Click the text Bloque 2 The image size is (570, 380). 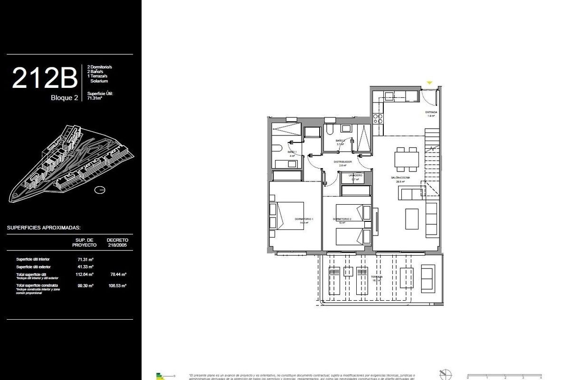(x=64, y=98)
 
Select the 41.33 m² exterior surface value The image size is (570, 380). (x=85, y=266)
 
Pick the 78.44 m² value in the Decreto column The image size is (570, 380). (x=118, y=275)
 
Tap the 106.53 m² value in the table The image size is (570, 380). (x=118, y=285)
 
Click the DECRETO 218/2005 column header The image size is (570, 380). (x=118, y=242)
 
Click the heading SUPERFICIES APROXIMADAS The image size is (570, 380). (x=44, y=228)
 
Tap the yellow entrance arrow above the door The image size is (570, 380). (x=429, y=83)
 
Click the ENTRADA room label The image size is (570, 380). (x=431, y=113)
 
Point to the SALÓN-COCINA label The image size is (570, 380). (x=400, y=178)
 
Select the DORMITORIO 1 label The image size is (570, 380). (x=304, y=219)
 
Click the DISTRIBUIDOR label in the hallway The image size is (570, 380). (x=342, y=162)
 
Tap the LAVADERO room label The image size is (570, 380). (x=355, y=176)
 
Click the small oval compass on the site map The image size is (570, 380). (x=100, y=190)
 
